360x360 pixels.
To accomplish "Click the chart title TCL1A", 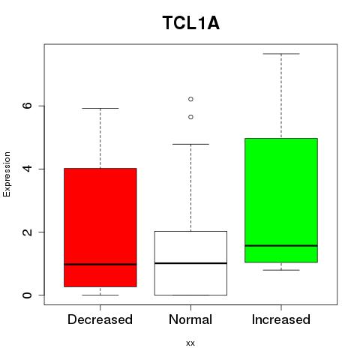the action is coord(191,23).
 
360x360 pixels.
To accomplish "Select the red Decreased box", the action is coord(100,227).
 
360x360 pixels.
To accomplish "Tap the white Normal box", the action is coord(190,263).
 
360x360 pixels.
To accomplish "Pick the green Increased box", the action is coord(281,200).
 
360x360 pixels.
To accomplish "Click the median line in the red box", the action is coord(100,264).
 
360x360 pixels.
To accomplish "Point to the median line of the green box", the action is coord(281,246).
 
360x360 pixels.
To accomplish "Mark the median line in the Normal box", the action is coord(190,263).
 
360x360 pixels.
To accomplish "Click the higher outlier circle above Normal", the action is coord(190,99).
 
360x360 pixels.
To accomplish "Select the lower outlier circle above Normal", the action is coord(190,117).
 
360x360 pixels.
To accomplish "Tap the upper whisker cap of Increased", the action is coord(281,54).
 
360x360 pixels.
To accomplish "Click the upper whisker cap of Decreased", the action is coord(100,108).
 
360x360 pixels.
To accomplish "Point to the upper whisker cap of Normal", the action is coord(190,144).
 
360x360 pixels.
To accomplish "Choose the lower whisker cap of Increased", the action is coord(281,270).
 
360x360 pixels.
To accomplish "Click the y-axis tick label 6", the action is coord(28,106).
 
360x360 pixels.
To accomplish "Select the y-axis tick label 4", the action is coord(28,169).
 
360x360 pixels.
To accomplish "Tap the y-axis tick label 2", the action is coord(28,232).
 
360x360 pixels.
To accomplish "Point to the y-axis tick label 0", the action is coord(28,295).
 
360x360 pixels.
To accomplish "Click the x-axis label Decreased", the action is coord(100,319).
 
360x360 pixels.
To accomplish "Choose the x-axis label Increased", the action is coord(281,319).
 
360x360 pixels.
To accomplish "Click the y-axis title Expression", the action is coord(7,174).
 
